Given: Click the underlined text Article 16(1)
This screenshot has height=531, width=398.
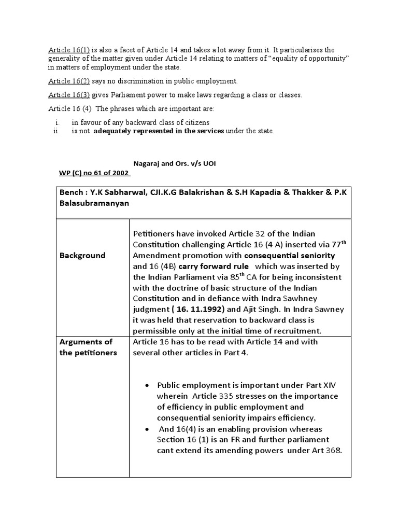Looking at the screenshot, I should (69, 50).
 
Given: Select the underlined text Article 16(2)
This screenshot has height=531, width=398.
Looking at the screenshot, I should (69, 81).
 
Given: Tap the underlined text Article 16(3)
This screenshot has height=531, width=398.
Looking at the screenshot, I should (69, 95).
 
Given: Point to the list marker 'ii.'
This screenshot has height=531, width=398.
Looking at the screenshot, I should (58, 131).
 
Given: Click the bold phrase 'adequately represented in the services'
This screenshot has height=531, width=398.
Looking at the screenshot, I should (159, 131).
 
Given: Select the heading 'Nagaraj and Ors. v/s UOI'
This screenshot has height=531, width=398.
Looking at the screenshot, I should (175, 164).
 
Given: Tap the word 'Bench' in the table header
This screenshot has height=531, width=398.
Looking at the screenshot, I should (71, 192).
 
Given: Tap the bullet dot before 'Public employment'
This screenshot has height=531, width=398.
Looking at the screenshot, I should (148, 385).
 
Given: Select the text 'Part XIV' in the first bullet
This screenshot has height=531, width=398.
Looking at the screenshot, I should (322, 385).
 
